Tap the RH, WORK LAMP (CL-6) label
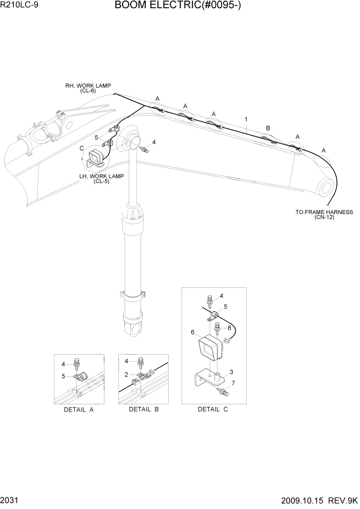88,88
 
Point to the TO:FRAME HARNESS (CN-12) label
324,214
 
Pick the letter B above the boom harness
268,128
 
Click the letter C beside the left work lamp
82,148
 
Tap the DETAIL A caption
78,409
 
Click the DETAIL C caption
213,409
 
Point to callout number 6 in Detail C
193,332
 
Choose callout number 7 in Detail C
234,383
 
